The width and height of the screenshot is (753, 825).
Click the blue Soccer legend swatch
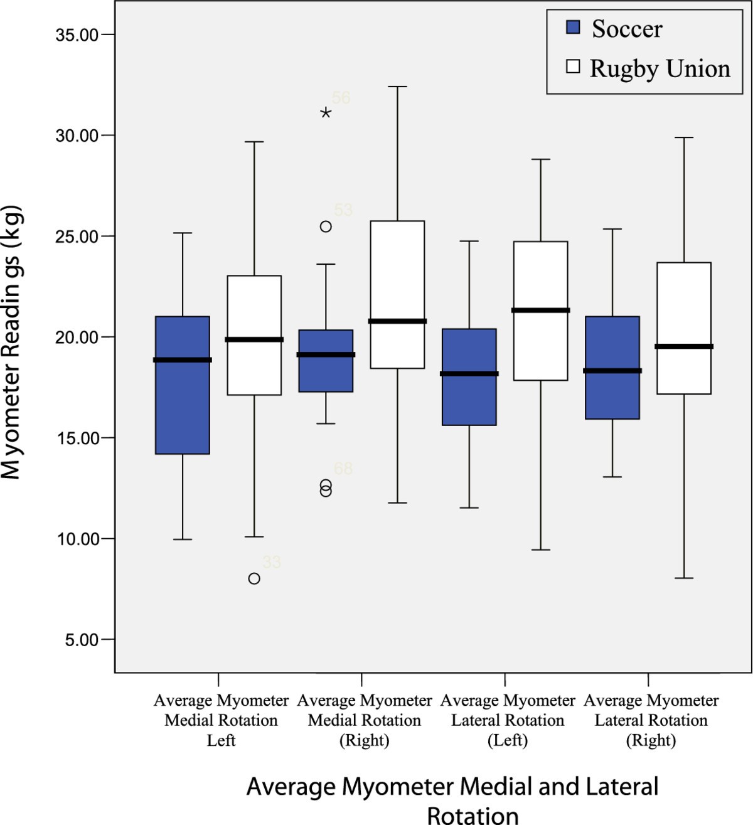573,28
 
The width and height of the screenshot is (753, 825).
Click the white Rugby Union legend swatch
573,67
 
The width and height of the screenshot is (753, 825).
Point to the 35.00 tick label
77,35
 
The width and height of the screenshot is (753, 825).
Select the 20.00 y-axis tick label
77,338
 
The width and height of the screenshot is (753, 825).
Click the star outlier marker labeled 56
326,113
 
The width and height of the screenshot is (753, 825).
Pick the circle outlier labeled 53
326,226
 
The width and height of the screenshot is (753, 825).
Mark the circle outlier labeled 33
254,578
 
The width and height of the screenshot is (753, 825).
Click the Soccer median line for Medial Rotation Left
183,360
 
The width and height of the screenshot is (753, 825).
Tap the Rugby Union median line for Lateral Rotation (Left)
541,310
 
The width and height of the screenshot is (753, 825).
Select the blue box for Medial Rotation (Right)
326,376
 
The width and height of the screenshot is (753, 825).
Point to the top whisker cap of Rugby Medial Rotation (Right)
397,87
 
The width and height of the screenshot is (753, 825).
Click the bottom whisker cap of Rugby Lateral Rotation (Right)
684,578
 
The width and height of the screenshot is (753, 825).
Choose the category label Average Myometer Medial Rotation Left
221,720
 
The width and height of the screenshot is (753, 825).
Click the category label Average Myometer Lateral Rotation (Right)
651,720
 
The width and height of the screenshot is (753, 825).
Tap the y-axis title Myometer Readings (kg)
11,342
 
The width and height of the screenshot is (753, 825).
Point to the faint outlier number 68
343,469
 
